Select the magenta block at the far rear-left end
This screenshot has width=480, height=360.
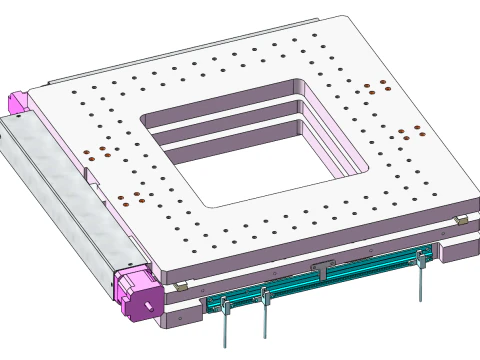pos(17,101)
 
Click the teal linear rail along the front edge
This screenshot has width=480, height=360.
pos(320,279)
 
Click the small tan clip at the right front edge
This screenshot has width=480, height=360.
pos(461,219)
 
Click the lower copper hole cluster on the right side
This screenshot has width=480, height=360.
pos(405,134)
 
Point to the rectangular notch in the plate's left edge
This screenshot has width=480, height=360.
pos(93,179)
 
